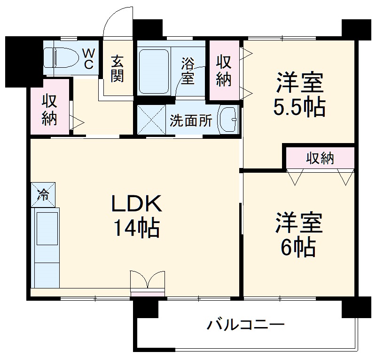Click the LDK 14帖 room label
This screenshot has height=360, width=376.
(x=136, y=216)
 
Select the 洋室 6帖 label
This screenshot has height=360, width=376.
(x=299, y=235)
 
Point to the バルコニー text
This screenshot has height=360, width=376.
(x=245, y=325)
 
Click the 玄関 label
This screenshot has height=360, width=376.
(x=117, y=69)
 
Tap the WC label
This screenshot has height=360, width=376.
(x=89, y=58)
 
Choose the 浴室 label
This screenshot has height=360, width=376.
(x=188, y=71)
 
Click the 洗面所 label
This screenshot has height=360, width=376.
(x=191, y=121)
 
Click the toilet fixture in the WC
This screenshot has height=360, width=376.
(x=64, y=57)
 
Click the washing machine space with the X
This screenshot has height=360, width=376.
(x=150, y=120)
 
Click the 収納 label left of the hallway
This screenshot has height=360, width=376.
(x=49, y=110)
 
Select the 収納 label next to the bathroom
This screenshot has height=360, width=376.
(x=224, y=71)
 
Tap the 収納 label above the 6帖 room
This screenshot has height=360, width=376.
(x=320, y=159)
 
